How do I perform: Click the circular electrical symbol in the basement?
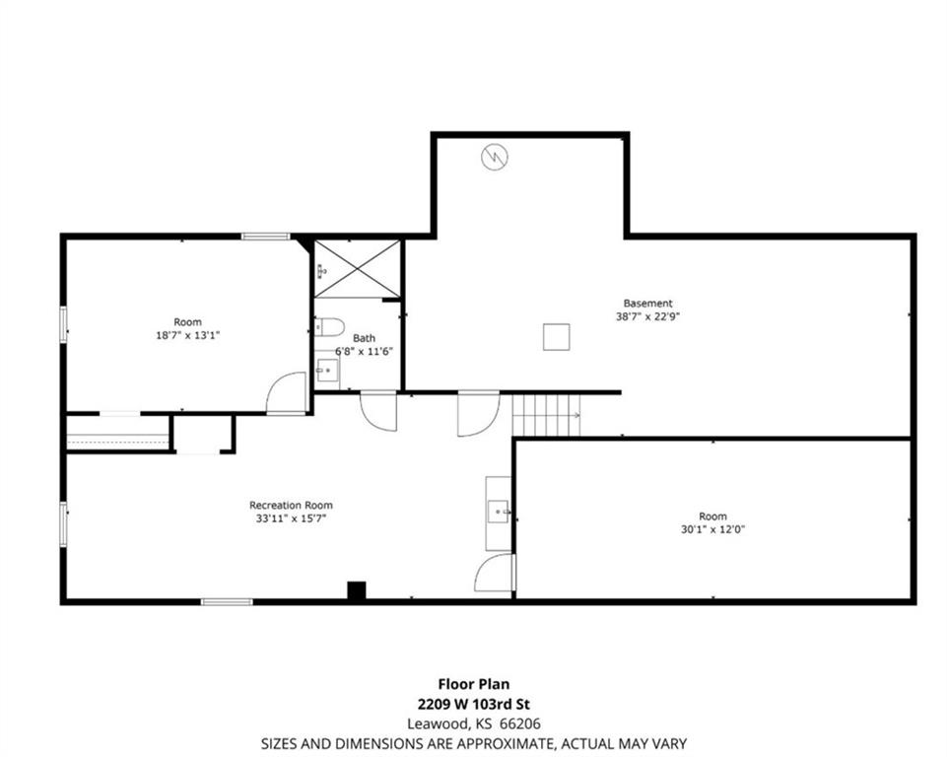coord(494,158)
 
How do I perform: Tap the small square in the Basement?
coord(556,337)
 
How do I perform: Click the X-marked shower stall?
coord(358,269)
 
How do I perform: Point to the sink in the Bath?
coord(327,370)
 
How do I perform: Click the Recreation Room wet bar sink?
coord(500,512)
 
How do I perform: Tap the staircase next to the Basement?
coord(546,415)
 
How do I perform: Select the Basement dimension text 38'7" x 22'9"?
coord(647,316)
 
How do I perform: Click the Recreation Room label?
coord(291,505)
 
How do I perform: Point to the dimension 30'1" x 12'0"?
coord(712,530)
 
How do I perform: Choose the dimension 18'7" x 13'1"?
coord(188,335)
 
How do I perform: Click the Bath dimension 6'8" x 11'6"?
coord(365,352)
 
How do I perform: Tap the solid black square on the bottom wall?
coord(357,590)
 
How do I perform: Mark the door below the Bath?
coord(378,412)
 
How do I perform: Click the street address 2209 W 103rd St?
coord(473,705)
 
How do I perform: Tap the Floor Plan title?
coord(473,684)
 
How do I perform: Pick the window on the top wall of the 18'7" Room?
coord(266,237)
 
